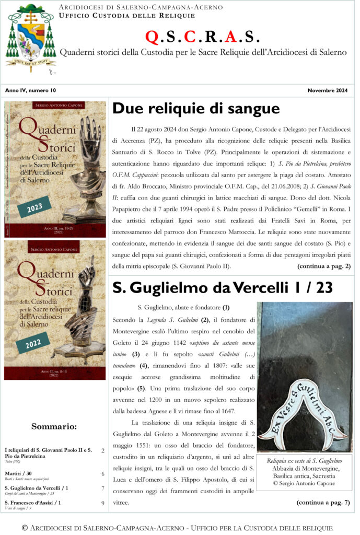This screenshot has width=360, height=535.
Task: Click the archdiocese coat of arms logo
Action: [x=30, y=39]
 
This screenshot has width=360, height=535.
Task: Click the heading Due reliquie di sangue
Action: [x=196, y=109]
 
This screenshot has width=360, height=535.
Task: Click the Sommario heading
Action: [x=54, y=426]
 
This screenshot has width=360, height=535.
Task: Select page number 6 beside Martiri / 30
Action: [x=103, y=474]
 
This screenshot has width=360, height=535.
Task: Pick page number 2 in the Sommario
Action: [x=103, y=450]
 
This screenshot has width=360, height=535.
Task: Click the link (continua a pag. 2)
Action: [x=324, y=266]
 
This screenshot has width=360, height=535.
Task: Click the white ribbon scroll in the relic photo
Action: [x=304, y=411]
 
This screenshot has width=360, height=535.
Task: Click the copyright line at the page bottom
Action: [x=180, y=528]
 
